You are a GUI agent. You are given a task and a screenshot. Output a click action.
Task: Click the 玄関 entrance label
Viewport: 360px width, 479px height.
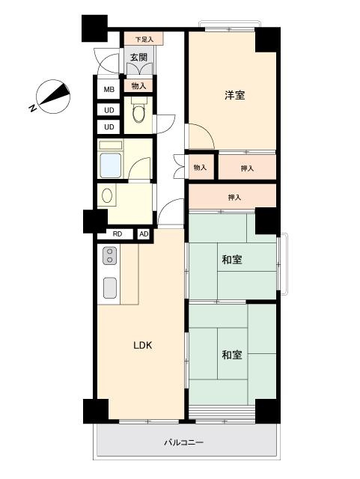[138, 57]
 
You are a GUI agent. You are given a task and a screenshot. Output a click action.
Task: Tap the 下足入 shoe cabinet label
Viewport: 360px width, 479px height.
[144, 40]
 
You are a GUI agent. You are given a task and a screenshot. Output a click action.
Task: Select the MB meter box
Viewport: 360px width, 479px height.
[109, 90]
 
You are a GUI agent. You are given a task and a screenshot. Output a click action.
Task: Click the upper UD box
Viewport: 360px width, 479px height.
[109, 110]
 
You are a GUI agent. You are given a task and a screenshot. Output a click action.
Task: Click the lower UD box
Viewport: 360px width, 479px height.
[109, 126]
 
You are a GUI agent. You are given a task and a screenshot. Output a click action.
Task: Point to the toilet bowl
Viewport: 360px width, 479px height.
[138, 114]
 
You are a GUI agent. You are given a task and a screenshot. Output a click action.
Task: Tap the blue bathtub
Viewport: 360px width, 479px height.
[110, 165]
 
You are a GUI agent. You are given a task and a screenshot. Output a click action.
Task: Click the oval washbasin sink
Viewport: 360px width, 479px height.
[107, 195]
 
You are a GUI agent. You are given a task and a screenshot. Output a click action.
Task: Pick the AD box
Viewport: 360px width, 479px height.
[144, 234]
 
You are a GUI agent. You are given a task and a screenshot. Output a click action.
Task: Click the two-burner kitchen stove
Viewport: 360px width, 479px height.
[110, 255]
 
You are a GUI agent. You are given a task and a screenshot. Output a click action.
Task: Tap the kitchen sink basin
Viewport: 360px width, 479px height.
[110, 287]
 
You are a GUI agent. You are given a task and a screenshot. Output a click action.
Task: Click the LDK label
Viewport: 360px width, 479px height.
[143, 345]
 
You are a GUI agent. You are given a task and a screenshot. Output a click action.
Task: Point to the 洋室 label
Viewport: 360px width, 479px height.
[235, 95]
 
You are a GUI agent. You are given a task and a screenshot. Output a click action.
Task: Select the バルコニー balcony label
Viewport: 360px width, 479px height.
[183, 442]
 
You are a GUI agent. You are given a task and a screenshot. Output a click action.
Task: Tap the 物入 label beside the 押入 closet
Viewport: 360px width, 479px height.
[200, 168]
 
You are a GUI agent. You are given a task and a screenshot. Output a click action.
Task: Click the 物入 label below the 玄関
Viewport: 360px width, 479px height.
[138, 86]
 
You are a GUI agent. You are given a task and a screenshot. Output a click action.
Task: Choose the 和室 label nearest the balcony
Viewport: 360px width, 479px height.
[232, 355]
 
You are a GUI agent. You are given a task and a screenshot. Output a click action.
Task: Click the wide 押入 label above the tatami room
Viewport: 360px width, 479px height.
[234, 198]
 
